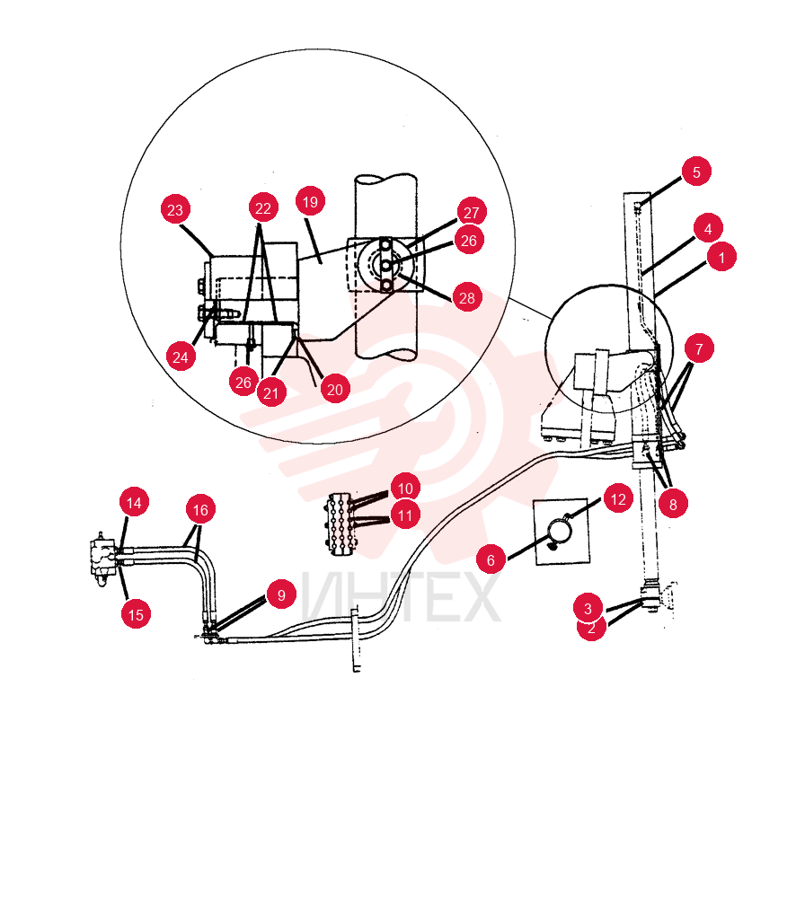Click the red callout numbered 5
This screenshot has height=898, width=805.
pos(696,172)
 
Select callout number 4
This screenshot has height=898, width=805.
pos(708,228)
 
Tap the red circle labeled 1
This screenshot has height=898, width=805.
pos(721,257)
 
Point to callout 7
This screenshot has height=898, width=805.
pos(699,348)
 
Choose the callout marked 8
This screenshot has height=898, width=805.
pos(673,504)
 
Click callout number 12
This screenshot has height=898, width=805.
pos(618,498)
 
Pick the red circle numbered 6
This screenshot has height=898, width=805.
pos(491,559)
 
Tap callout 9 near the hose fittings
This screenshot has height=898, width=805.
pos(281,594)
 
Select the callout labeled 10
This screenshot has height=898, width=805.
pos(405,488)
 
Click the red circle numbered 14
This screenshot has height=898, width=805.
pos(134,502)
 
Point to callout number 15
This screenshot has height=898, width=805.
pos(136,614)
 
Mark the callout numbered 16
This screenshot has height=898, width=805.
pos(200,509)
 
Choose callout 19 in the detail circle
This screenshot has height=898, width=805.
pos(310,201)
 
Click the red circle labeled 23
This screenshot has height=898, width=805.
pos(175,209)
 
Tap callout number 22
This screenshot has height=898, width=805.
pos(263,208)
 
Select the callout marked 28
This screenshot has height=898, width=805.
pos(467,297)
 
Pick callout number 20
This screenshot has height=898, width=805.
pos(334,389)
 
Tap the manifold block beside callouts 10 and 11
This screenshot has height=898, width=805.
pos(341,523)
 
